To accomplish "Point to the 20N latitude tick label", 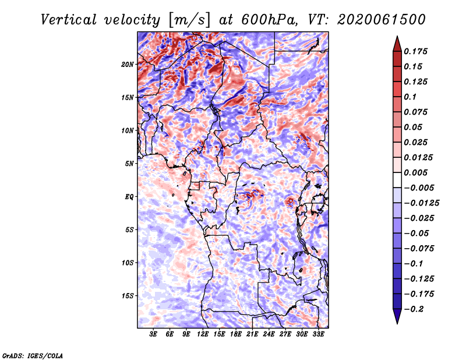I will click(128, 64).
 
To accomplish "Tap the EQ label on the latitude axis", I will click(129, 197).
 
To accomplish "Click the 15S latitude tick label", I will click(128, 296).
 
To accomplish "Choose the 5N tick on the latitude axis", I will click(129, 164).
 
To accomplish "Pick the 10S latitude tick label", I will click(128, 263).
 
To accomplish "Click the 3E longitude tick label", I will click(154, 335).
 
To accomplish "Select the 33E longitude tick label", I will click(318, 335).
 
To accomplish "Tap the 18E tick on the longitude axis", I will click(236, 335).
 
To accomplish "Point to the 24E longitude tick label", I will click(269, 335).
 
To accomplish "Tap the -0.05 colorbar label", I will click(417, 233).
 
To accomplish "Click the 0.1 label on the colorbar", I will click(410, 97).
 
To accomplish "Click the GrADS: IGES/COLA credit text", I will click(33, 355).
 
